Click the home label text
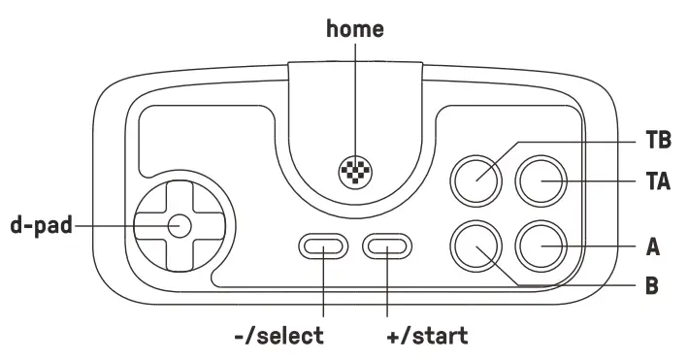click(355, 28)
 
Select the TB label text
click(659, 141)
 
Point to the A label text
click(653, 247)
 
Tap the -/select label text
click(279, 337)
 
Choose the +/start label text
click(426, 337)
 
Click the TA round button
click(541, 180)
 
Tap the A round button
click(541, 247)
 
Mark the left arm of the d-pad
click(147, 226)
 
